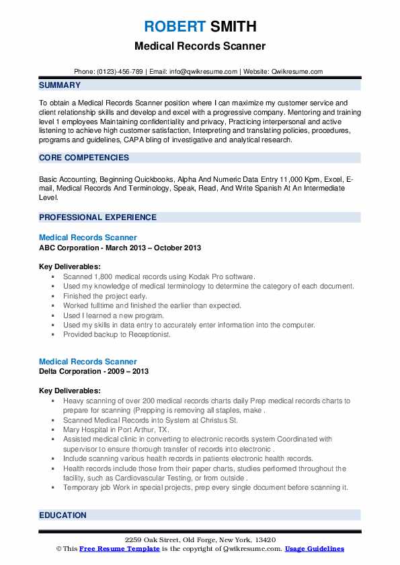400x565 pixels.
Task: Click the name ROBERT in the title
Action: [171, 27]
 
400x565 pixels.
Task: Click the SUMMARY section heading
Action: [60, 85]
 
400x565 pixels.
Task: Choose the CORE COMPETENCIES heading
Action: [84, 158]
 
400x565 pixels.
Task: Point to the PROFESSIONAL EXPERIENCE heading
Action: [97, 217]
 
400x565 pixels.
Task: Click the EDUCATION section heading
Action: [63, 515]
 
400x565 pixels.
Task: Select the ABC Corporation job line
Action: [120, 248]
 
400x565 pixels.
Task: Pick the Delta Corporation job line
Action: [94, 371]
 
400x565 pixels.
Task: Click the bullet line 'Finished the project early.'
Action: [105, 296]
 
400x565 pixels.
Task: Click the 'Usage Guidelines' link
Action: [314, 549]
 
